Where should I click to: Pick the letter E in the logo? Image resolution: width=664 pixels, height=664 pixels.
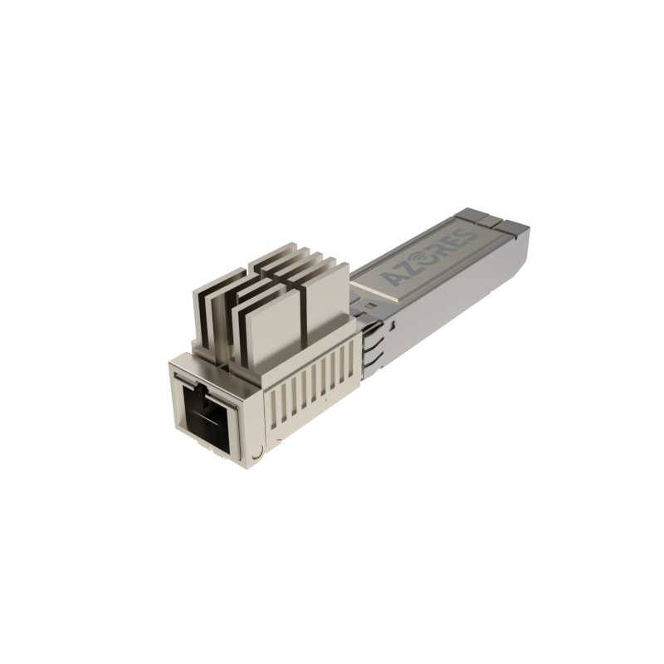coord(452,242)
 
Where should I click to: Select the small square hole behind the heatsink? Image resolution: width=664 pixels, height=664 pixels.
coord(369,305)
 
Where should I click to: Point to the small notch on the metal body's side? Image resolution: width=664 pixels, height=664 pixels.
coord(393,325)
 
